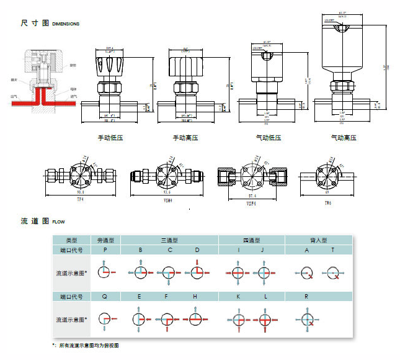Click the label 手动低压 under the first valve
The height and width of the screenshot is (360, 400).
pyautogui.click(x=110, y=137)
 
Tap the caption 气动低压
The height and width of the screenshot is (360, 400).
pyautogui.click(x=269, y=137)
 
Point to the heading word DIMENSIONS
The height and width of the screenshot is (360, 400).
pyautogui.click(x=66, y=24)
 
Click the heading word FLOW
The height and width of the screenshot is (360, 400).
pyautogui.click(x=58, y=222)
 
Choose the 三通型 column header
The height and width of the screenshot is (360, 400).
pyautogui.click(x=169, y=240)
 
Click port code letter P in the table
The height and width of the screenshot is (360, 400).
pyautogui.click(x=105, y=250)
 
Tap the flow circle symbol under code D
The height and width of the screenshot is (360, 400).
pyautogui.click(x=197, y=271)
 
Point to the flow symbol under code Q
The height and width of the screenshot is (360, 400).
pyautogui.click(x=105, y=319)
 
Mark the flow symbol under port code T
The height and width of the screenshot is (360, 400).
pyautogui.click(x=332, y=271)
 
